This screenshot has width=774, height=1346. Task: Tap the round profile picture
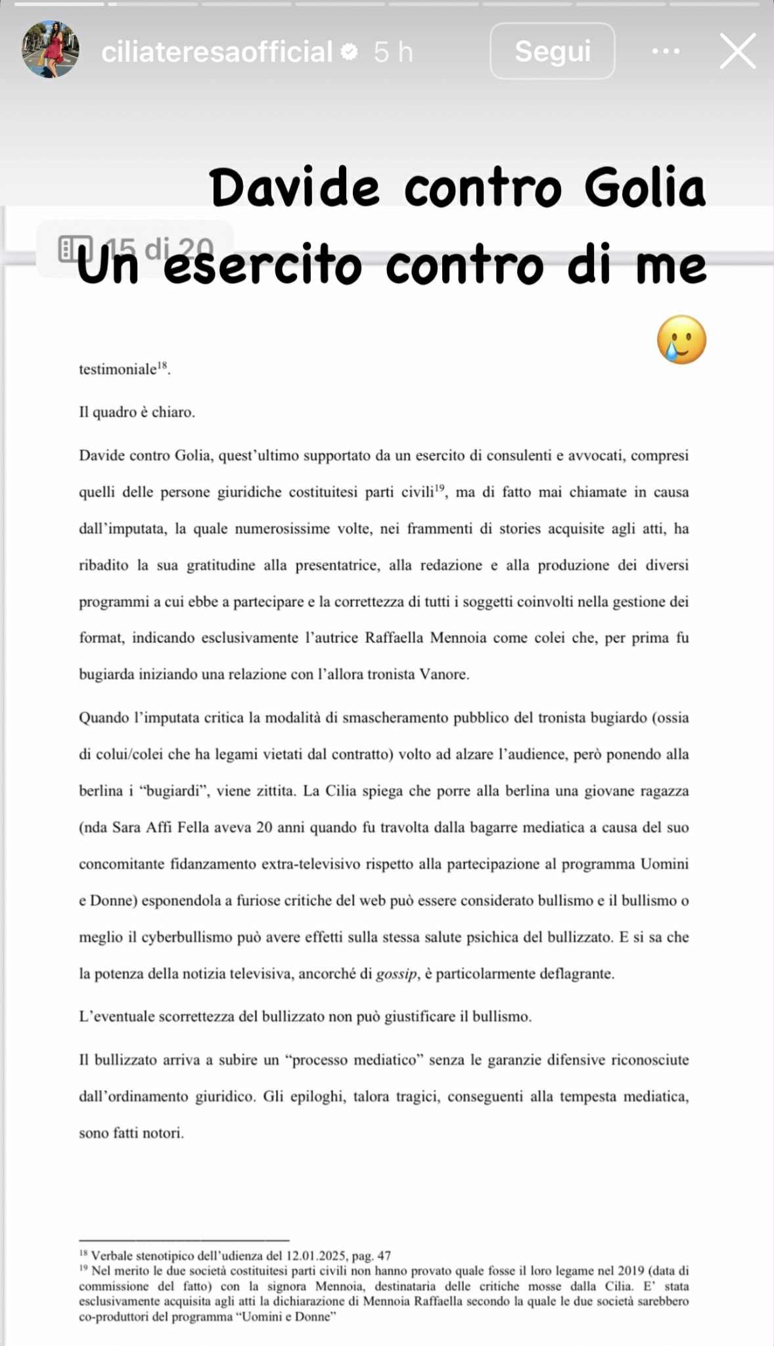click(51, 50)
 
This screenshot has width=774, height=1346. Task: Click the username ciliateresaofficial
click(217, 52)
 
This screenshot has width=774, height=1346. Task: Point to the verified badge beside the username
click(350, 51)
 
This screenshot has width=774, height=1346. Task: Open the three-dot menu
click(666, 51)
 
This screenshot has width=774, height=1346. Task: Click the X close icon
click(738, 51)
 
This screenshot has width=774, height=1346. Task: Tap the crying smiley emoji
click(681, 340)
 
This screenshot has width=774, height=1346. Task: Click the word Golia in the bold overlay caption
click(644, 189)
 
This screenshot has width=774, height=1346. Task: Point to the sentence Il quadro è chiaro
click(137, 413)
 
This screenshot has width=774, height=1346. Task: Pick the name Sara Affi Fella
click(162, 827)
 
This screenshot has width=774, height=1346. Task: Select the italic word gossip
click(396, 974)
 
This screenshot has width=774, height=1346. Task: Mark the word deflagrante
click(576, 974)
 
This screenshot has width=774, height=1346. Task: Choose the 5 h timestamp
click(393, 52)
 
